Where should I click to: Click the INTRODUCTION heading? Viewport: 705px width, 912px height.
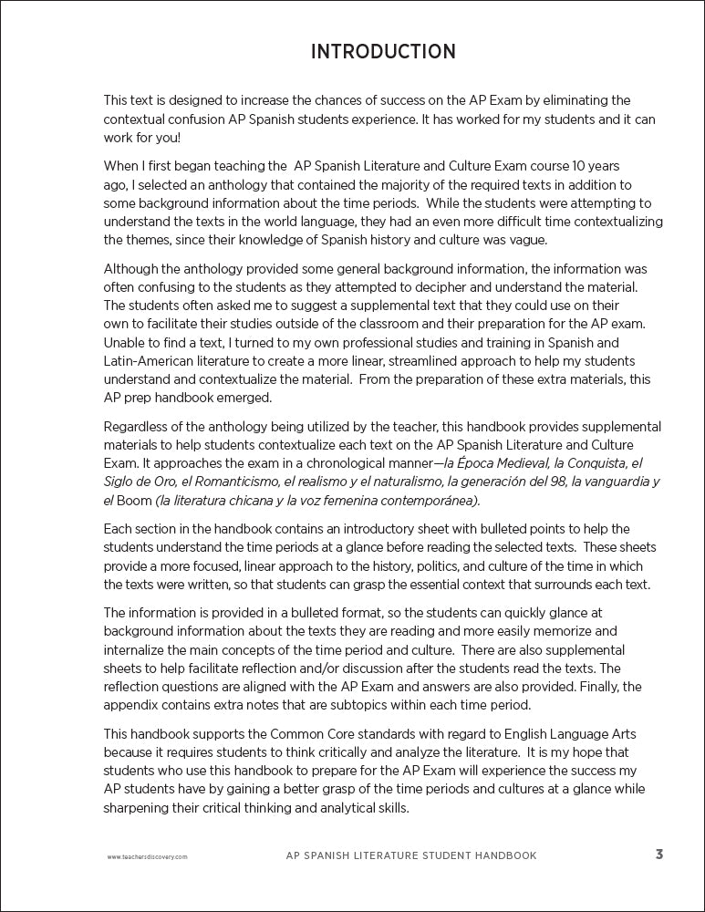click(383, 51)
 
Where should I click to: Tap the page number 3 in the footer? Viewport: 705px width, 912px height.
click(658, 855)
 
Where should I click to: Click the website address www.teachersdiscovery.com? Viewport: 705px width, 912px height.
click(147, 857)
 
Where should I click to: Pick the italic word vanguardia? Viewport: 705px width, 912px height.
click(611, 482)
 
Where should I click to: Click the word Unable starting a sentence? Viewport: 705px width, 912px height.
click(124, 343)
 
